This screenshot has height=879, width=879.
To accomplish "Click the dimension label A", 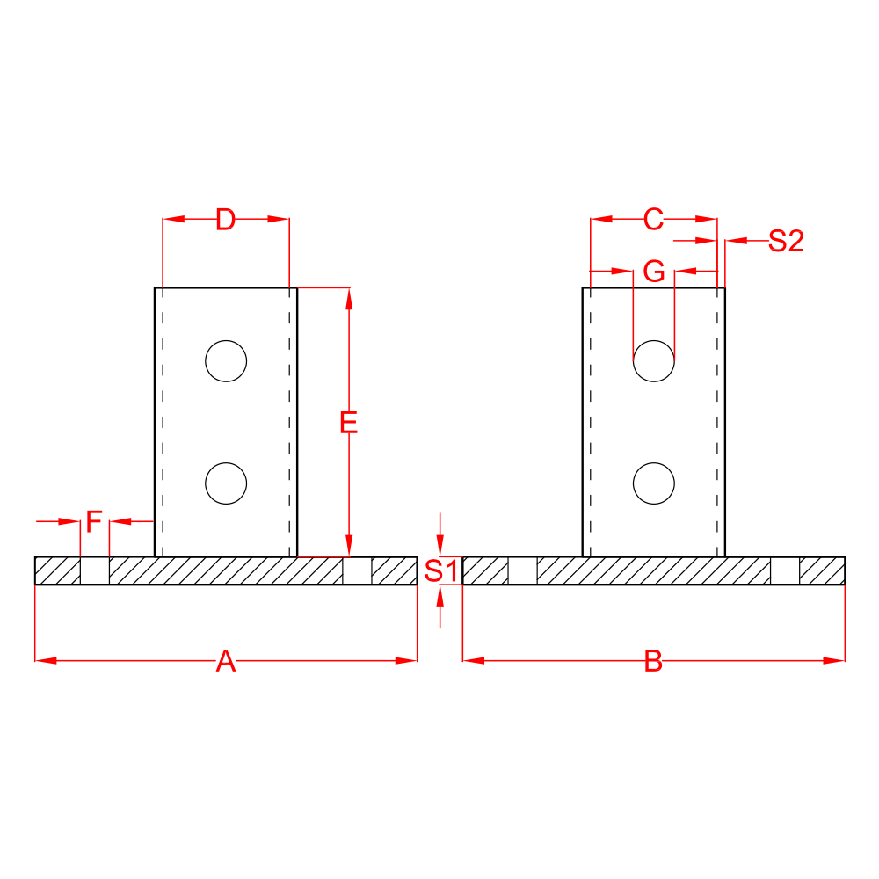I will pos(226,661).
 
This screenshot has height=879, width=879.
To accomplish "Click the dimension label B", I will pos(653,661).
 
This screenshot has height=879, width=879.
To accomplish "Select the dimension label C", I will pos(653,220).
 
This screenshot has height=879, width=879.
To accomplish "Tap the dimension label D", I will pos(226,220).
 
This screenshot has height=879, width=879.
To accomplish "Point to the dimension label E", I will pos(349,424).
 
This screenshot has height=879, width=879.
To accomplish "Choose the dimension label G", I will pos(653,272).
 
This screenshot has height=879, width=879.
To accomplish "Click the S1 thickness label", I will pos(440,570).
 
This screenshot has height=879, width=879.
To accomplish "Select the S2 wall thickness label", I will pos(786,241).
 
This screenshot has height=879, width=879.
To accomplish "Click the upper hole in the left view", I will pos(226,360).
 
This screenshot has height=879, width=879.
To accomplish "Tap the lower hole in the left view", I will pos(226,483).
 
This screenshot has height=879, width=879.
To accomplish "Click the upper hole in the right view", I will pos(654,360).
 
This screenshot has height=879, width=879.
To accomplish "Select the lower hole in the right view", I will pos(654,483).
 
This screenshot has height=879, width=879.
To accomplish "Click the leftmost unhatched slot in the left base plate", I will pos(94,570).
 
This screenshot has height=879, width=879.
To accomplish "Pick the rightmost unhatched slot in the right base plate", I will pos(785,570).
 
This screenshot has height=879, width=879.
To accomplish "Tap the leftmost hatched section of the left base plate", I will pos(57,570).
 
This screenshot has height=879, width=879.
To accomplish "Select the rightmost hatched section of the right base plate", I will pos(822,570).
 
